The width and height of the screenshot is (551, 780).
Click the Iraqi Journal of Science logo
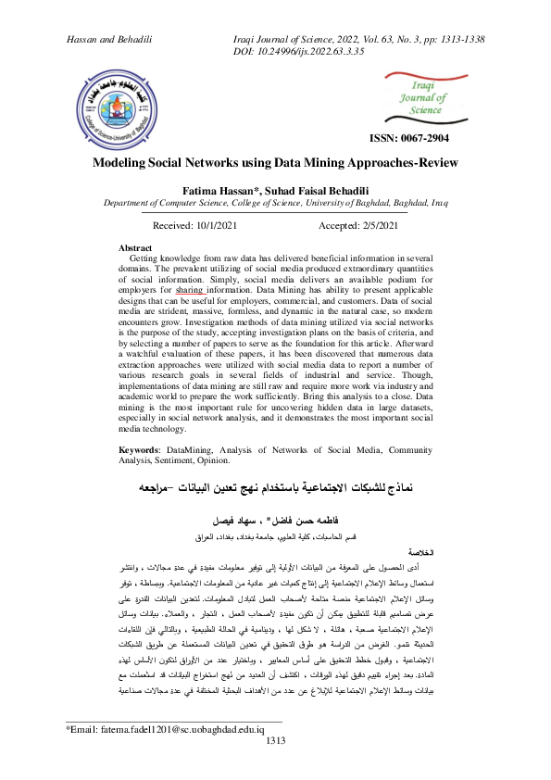[427, 100]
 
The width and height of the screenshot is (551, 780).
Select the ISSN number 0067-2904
[429, 139]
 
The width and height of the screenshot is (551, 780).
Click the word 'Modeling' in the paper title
[119, 162]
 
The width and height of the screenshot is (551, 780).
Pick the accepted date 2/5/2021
[370, 225]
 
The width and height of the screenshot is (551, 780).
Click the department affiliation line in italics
[275, 201]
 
